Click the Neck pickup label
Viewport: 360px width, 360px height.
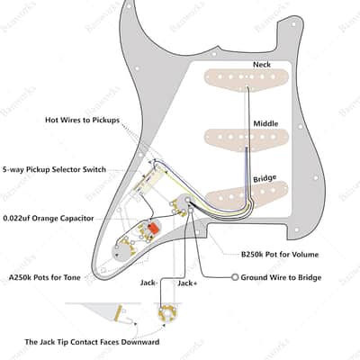[x=262, y=65]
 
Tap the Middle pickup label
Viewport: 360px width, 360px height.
[x=265, y=123]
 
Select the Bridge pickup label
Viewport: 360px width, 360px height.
[x=265, y=178]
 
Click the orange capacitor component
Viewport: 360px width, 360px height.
[x=153, y=228]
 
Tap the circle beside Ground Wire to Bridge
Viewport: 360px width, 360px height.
[x=235, y=277]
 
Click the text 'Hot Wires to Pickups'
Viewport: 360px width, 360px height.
[x=82, y=120]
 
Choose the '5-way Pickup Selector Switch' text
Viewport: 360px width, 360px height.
[x=54, y=169]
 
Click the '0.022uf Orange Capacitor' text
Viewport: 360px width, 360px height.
[x=49, y=218]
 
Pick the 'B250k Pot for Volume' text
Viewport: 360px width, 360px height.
[x=280, y=255]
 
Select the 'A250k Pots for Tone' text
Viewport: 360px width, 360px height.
[x=45, y=277]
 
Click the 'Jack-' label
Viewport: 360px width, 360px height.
[x=148, y=283]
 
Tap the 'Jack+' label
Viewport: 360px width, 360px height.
[x=187, y=283]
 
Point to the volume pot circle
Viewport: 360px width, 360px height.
[x=184, y=202]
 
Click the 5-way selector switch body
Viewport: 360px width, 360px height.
[x=147, y=182]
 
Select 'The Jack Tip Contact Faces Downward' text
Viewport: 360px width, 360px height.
[x=92, y=342]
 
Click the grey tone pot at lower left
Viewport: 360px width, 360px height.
[x=123, y=252]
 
